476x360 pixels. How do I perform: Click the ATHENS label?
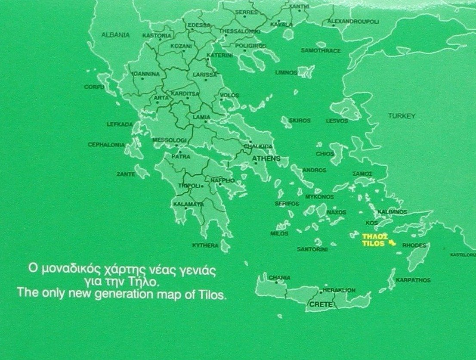pos(266,158)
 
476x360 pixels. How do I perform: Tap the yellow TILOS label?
pos(373,243)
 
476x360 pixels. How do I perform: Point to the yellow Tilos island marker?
pos(391,242)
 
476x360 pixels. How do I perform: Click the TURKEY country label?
pos(402,116)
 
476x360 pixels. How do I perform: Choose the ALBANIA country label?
pos(115,35)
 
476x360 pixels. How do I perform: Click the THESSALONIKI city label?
pos(240,31)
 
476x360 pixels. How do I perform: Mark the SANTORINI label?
pos(312,249)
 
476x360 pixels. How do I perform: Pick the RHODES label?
pos(414,245)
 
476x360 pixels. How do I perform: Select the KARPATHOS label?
pos(413,280)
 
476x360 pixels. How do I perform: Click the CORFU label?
pos(94,87)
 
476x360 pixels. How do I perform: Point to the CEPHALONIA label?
pos(106,145)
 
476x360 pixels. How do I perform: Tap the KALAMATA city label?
pos(189,204)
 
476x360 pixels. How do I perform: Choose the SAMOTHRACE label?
pos(321,51)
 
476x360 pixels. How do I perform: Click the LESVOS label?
pos(337,121)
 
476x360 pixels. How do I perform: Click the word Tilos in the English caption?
pos(213,295)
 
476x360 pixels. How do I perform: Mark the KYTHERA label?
pos(205,245)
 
